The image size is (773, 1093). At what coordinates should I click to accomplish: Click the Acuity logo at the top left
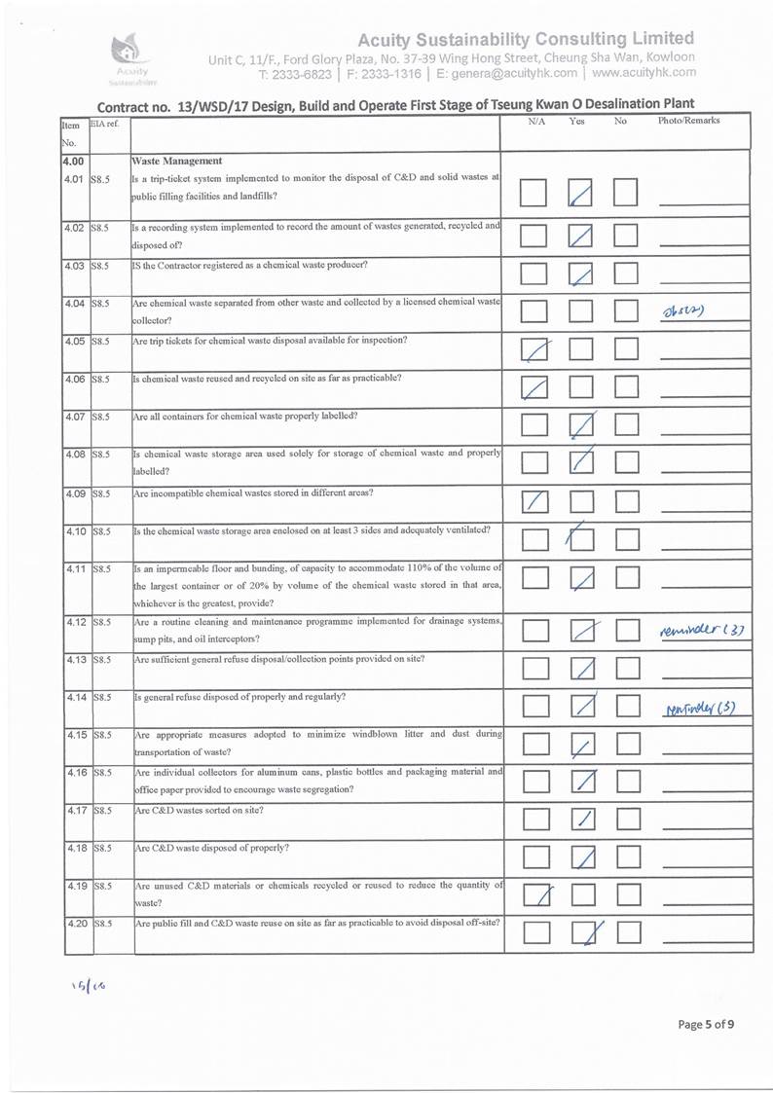(x=130, y=54)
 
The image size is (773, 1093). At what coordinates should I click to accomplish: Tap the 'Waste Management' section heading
(x=178, y=161)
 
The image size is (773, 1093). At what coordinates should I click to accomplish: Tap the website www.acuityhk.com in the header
(x=644, y=72)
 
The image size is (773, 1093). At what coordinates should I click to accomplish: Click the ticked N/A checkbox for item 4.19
(x=534, y=894)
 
